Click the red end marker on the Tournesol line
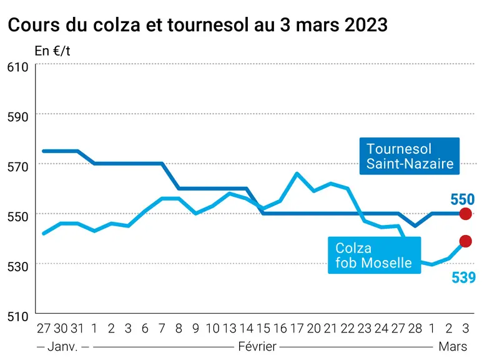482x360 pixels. coord(465,214)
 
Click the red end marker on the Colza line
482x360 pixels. coord(465,241)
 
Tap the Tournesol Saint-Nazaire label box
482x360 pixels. coord(410,156)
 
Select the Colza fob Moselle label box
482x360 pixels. coord(375,255)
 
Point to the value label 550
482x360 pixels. coord(463,199)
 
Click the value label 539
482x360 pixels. coord(463,277)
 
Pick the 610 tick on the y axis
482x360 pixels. coord(18,67)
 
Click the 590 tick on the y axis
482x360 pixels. coord(18,117)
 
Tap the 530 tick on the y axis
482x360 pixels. coord(18,266)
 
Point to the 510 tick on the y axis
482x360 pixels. coord(18,316)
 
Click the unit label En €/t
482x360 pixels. coord(52,51)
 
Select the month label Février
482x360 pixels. coord(257,347)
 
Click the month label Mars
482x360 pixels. coord(453,347)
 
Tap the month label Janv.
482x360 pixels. coord(62,347)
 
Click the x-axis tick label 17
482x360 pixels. coord(297,329)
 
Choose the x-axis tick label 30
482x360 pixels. coord(61,329)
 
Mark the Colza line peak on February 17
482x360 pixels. coord(297,173)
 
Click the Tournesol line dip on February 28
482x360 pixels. coord(415,226)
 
